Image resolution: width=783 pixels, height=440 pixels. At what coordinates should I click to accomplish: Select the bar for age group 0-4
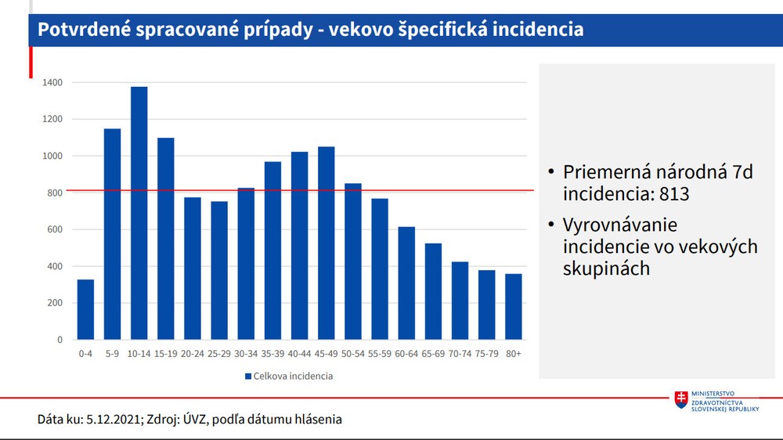tap(85, 309)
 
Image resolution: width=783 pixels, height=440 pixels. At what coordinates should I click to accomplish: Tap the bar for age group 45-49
tap(327, 243)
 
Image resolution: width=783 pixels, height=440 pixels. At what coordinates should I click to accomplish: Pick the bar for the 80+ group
tap(514, 306)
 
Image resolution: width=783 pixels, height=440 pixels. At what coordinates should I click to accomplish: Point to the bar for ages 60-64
tap(406, 283)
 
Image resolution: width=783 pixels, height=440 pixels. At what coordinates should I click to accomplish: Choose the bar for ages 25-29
tap(219, 270)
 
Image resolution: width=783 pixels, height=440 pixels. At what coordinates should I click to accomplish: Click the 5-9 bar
tap(112, 234)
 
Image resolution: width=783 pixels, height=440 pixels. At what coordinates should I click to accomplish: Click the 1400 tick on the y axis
tap(53, 82)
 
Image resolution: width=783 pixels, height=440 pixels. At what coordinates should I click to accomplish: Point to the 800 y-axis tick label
tap(55, 193)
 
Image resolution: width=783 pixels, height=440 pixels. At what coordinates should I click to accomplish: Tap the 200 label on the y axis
tap(55, 303)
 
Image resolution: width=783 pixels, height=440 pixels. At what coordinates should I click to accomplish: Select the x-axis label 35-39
tap(272, 354)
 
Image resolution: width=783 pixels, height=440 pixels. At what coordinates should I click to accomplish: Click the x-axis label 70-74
tap(460, 354)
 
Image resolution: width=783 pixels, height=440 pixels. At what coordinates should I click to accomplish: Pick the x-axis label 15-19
tap(165, 354)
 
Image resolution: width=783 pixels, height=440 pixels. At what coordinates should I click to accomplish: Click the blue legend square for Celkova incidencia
tap(248, 377)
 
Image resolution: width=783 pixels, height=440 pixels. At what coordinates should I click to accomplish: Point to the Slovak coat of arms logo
tap(682, 400)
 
